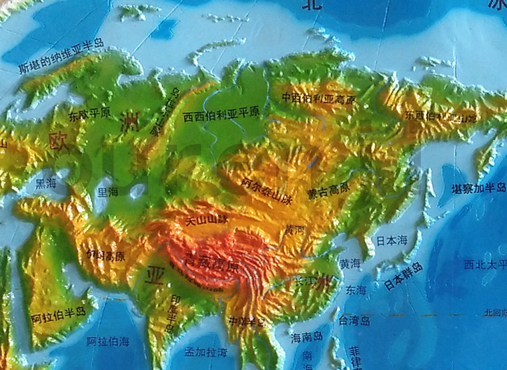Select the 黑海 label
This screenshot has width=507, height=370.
[x=46, y=181]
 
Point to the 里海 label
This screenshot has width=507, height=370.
[x=107, y=191]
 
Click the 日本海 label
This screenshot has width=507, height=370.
[x=391, y=240]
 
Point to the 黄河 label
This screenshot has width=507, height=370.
[x=294, y=230]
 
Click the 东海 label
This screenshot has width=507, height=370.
[x=356, y=290]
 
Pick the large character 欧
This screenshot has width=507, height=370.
[x=58, y=141]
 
